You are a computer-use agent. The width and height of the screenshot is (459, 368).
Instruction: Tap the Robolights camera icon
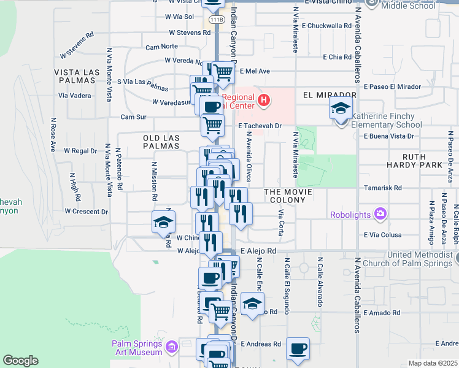[381, 213]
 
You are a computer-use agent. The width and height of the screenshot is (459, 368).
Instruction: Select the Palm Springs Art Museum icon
[172, 348]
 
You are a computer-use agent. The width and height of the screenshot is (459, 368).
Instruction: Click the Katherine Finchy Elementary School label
[387, 120]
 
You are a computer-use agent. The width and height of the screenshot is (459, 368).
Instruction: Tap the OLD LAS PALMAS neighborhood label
[161, 142]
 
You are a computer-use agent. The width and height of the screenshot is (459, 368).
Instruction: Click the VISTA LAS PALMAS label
[77, 77]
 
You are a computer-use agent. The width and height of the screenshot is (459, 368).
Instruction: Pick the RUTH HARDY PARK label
[414, 161]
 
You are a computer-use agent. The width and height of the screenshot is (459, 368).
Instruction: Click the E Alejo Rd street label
[258, 251]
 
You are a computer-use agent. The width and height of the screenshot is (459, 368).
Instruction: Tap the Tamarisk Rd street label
[382, 188]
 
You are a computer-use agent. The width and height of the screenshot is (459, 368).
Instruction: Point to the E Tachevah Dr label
[260, 126]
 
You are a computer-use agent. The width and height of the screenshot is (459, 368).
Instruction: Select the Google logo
[20, 361]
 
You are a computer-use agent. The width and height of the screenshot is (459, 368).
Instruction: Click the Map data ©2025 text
[433, 363]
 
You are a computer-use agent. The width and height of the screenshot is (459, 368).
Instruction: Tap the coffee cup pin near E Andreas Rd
[298, 349]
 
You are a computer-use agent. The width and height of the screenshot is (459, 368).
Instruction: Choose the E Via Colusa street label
[382, 235]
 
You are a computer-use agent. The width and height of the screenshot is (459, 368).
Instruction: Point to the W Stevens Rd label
[190, 32]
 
